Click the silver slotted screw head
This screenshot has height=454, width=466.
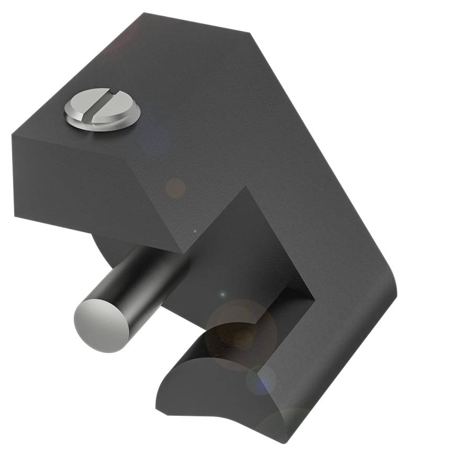[103, 109]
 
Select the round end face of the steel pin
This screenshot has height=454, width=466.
[102, 325]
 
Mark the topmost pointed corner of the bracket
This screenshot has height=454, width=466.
[145, 14]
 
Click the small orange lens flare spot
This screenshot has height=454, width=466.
[175, 187]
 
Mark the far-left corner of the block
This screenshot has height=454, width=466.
[13, 135]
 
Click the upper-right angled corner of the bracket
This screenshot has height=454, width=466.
[250, 34]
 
